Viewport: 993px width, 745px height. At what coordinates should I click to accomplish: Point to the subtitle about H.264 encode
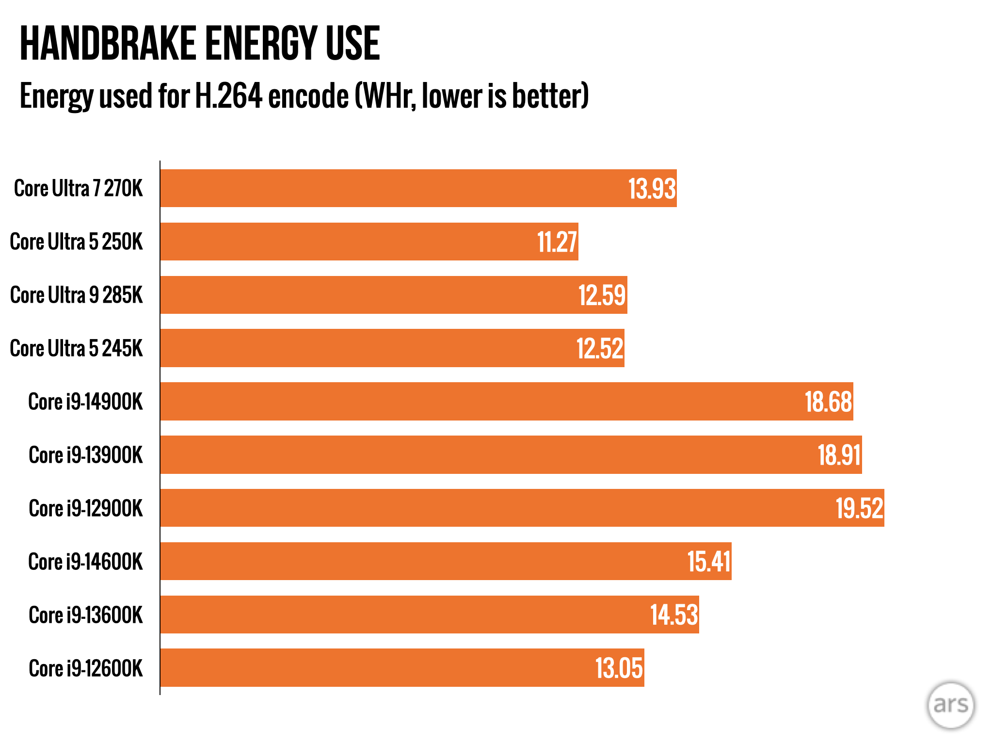pyautogui.click(x=304, y=96)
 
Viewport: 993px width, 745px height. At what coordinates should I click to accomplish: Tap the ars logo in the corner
pyautogui.click(x=950, y=705)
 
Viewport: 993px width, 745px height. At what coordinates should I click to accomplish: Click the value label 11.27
pyautogui.click(x=557, y=242)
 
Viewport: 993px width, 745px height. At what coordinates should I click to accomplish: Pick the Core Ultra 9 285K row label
pyautogui.click(x=77, y=295)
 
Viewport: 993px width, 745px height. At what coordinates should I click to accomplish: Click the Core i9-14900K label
pyautogui.click(x=85, y=402)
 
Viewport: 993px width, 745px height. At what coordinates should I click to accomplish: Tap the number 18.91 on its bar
pyautogui.click(x=839, y=455)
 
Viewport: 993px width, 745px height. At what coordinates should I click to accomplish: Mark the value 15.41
pyautogui.click(x=708, y=562)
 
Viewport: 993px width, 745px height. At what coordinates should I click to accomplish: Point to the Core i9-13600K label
pyautogui.click(x=86, y=615)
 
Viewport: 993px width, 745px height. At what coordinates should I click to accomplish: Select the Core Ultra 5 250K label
pyautogui.click(x=77, y=242)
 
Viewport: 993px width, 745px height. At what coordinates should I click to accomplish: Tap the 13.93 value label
pyautogui.click(x=652, y=189)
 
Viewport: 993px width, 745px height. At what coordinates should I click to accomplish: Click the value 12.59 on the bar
pyautogui.click(x=602, y=295)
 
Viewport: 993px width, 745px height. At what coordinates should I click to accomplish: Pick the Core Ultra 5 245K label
pyautogui.click(x=77, y=348)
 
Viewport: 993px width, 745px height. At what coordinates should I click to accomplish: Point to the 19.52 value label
pyautogui.click(x=859, y=508)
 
